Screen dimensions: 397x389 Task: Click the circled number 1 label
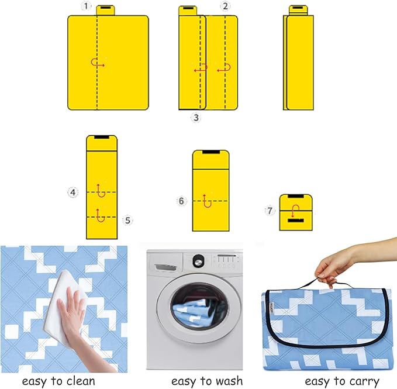[86, 6]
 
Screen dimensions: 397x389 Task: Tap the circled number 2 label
[225, 6]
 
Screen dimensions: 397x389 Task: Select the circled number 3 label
[196, 118]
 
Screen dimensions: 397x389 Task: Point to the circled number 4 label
[73, 192]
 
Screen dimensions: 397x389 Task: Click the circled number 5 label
[127, 221]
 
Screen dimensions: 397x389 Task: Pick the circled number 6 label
[181, 201]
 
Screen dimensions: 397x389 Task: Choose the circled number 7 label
[270, 211]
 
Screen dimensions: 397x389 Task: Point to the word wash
[228, 381]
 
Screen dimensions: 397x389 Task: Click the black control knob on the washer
[198, 260]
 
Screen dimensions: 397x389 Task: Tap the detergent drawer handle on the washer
[165, 267]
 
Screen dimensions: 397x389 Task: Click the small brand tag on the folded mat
[271, 308]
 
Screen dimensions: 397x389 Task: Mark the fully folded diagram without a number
[298, 58]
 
